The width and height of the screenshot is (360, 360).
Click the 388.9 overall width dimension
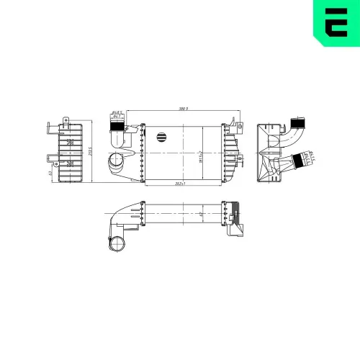[x=183, y=109]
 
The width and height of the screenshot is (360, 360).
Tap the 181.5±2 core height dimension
[x=199, y=155]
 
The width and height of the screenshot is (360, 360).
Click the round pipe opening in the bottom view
[x=116, y=244]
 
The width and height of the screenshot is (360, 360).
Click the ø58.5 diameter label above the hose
[x=115, y=112]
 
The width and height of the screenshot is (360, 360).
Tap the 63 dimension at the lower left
[x=48, y=173]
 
